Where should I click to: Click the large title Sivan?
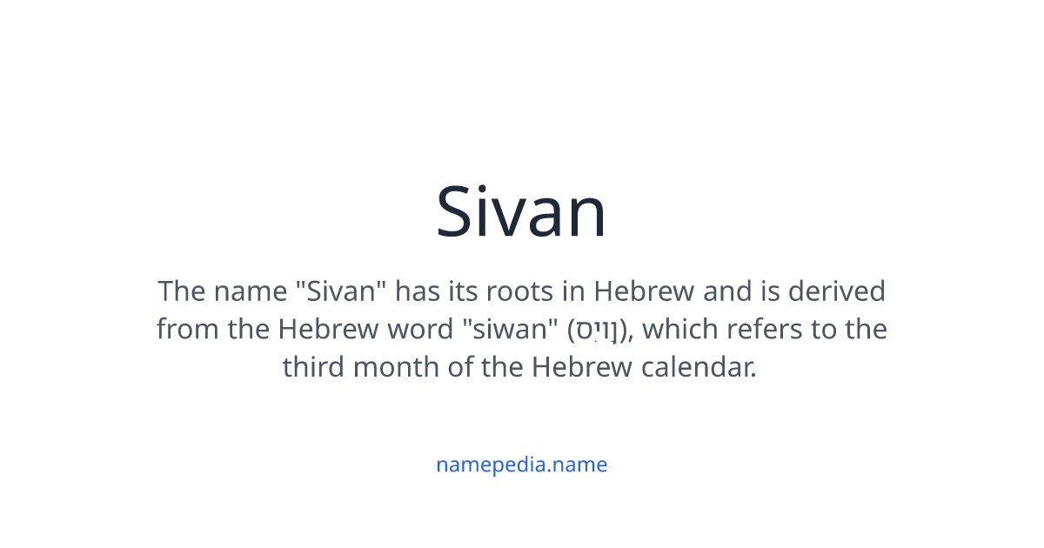[x=521, y=211]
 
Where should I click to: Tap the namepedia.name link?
[x=521, y=464]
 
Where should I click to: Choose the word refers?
[x=756, y=330]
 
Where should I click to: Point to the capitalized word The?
[x=181, y=291]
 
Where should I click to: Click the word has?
[x=416, y=291]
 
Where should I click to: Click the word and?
[x=726, y=291]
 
